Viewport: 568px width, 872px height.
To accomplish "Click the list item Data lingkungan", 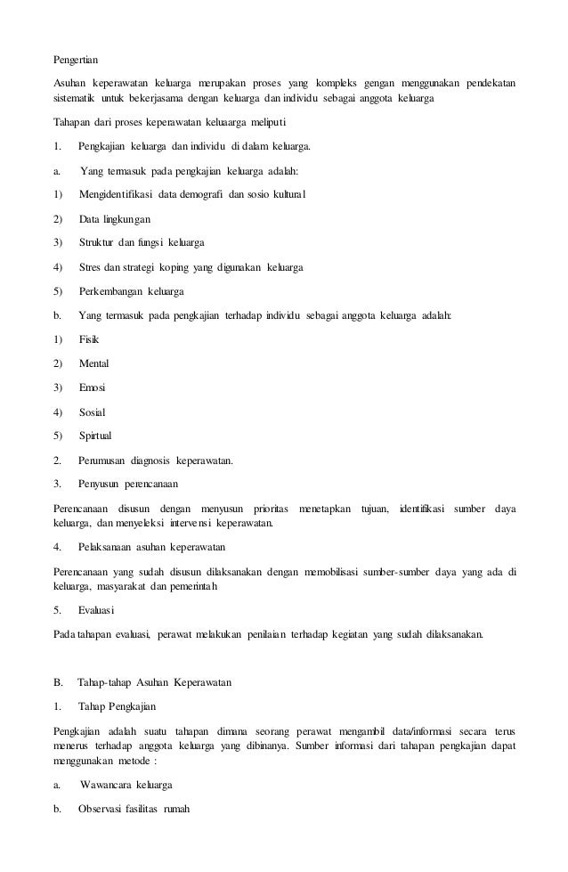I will pyautogui.click(x=115, y=218).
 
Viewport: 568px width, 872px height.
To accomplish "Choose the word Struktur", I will pyautogui.click(x=97, y=242).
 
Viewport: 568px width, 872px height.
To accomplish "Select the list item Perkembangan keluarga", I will pyautogui.click(x=132, y=290).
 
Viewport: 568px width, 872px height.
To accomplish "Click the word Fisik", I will pyautogui.click(x=89, y=339).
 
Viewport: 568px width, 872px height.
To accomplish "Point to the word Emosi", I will pyautogui.click(x=93, y=387).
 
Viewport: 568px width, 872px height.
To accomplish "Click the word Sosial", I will pyautogui.click(x=93, y=412).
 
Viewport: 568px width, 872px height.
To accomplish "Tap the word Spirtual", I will pyautogui.click(x=96, y=436).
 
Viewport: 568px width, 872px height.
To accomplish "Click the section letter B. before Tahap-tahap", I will pyautogui.click(x=59, y=683).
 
